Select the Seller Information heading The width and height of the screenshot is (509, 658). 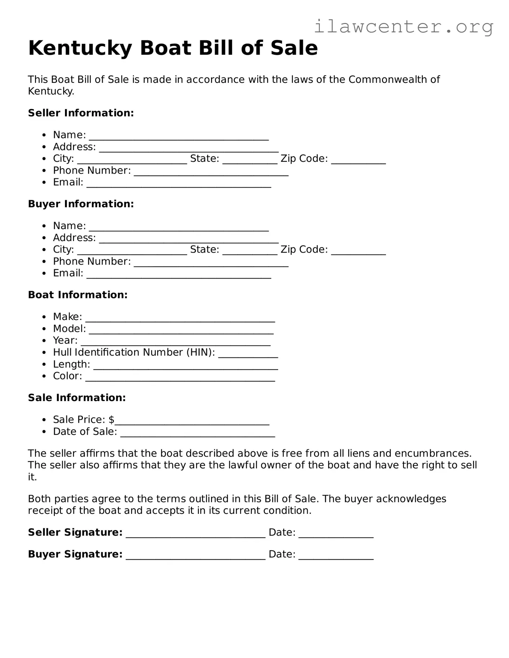[81, 113]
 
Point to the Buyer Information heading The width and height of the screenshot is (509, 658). [81, 204]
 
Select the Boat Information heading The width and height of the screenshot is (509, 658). [78, 295]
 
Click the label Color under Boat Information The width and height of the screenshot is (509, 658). [67, 376]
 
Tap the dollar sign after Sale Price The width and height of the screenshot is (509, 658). [111, 419]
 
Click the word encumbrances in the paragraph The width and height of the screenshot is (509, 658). [433, 453]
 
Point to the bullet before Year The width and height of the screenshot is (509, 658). [44, 341]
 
